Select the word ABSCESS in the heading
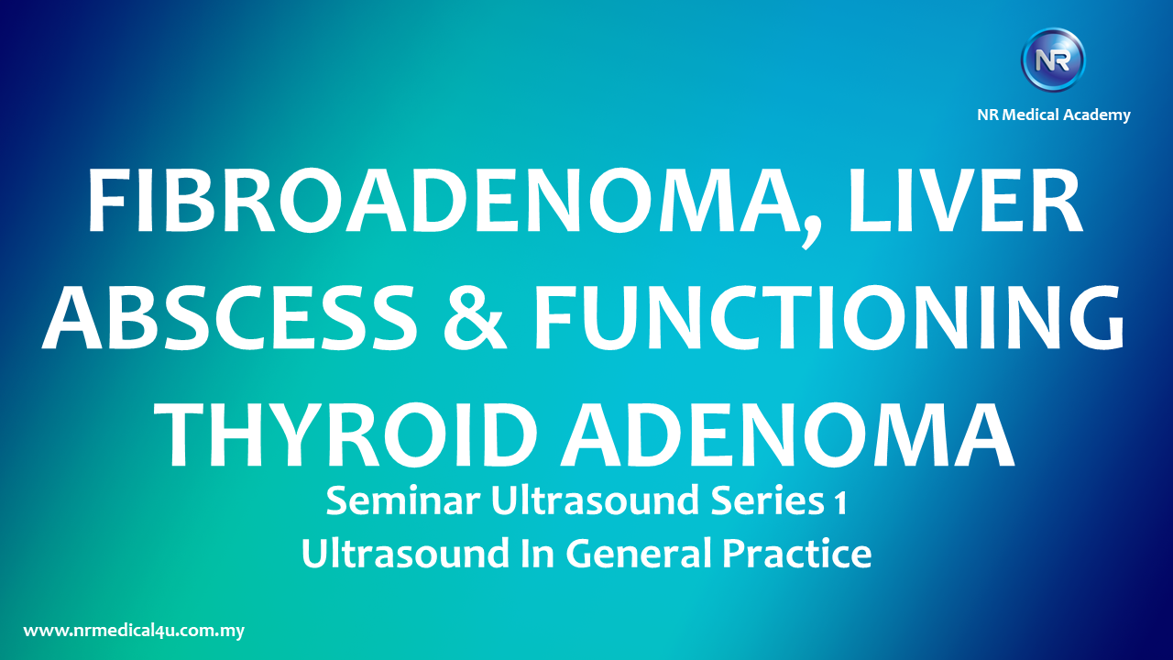tap(229, 318)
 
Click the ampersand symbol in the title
tap(475, 318)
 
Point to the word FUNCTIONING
tap(828, 318)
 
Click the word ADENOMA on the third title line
tap(787, 435)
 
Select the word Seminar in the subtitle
tap(403, 500)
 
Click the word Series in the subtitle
tap(768, 500)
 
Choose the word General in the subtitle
tap(638, 553)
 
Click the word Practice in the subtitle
tap(797, 553)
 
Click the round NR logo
tap(1053, 60)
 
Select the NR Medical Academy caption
tap(1054, 115)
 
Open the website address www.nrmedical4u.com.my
tap(134, 631)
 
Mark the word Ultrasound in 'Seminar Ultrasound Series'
tap(595, 500)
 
